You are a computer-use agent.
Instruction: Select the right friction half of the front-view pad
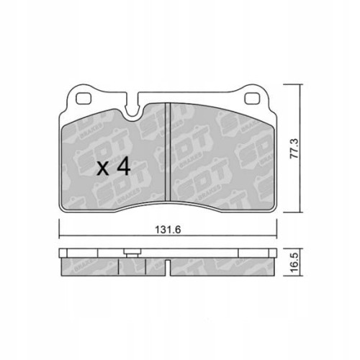click(x=220, y=158)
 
